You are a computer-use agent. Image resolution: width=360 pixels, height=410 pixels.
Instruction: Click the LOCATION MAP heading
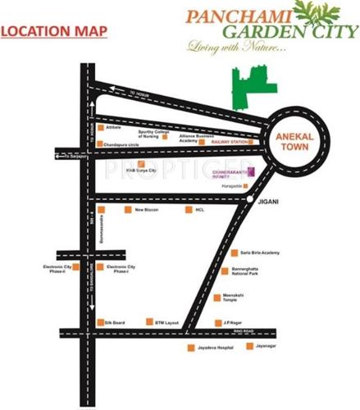point(55,33)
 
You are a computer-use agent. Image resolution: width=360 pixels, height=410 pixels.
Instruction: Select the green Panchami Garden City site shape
point(250,86)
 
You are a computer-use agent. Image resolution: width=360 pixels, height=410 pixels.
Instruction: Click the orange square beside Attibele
point(99,127)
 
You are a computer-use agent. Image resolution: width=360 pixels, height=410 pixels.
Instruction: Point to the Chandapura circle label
point(121,143)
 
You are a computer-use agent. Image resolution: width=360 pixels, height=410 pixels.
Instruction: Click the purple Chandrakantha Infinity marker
point(252,170)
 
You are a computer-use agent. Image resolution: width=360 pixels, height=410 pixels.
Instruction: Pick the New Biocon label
point(145,209)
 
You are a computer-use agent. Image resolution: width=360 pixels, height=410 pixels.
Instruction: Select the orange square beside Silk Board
point(99,322)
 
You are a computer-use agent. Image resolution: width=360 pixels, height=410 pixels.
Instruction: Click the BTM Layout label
point(168,322)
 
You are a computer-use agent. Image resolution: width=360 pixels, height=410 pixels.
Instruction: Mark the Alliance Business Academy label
point(188,139)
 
